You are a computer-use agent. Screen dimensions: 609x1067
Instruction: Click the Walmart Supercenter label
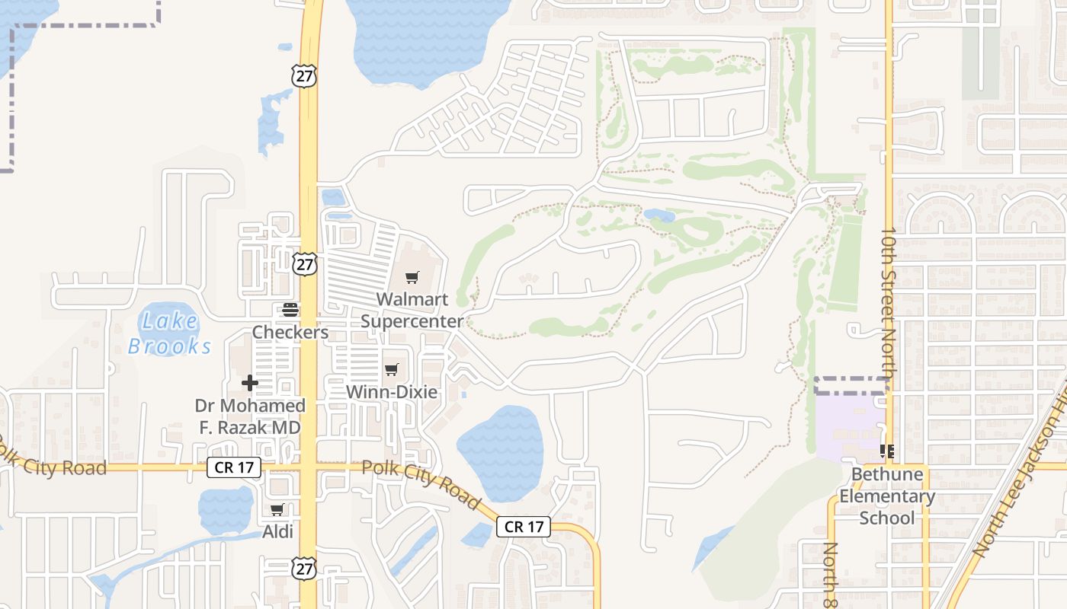pyautogui.click(x=412, y=310)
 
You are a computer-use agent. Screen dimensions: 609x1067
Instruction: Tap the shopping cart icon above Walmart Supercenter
pyautogui.click(x=412, y=278)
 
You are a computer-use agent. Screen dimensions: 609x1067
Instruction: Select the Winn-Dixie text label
pyautogui.click(x=392, y=392)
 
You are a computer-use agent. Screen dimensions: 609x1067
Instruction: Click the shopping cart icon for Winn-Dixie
pyautogui.click(x=391, y=370)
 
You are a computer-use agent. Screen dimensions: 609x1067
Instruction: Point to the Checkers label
pyautogui.click(x=290, y=333)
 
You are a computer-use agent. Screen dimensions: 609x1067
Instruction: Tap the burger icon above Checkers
pyautogui.click(x=290, y=310)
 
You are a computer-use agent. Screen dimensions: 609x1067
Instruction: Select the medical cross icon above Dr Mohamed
pyautogui.click(x=250, y=382)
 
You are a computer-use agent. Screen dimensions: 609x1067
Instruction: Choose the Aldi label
pyautogui.click(x=277, y=531)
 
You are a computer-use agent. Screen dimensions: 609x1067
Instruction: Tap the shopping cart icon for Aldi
pyautogui.click(x=277, y=510)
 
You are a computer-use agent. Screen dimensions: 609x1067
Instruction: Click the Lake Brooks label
pyautogui.click(x=169, y=333)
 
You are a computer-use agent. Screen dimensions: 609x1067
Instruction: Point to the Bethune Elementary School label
pyautogui.click(x=887, y=496)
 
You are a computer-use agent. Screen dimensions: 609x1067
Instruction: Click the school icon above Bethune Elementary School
pyautogui.click(x=887, y=451)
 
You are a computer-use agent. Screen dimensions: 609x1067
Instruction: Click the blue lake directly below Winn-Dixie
pyautogui.click(x=500, y=452)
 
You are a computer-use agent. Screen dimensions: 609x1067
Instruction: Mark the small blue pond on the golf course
pyautogui.click(x=659, y=215)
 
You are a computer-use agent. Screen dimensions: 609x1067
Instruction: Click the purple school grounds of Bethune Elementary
pyautogui.click(x=846, y=426)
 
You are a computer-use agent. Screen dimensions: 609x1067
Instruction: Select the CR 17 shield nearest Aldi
pyautogui.click(x=234, y=467)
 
